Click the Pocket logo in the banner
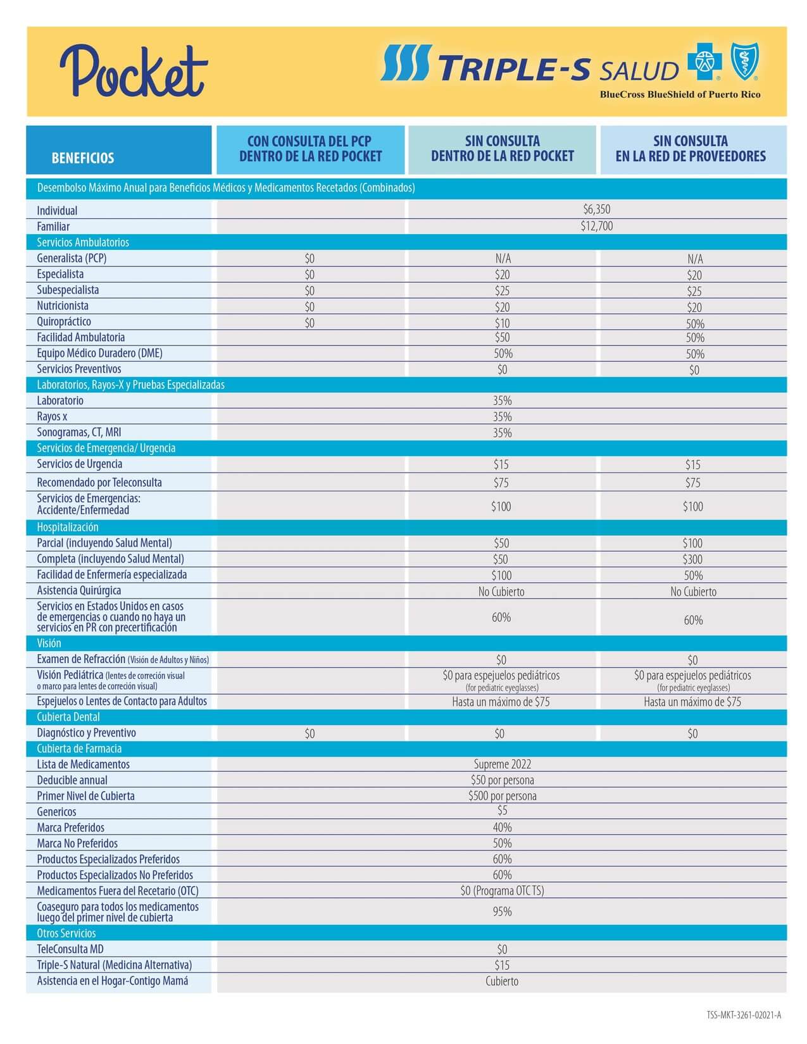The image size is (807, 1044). pos(134,71)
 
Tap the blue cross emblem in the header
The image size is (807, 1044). pos(700,63)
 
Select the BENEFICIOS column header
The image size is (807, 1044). pos(83,158)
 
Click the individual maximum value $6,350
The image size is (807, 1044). pos(596,209)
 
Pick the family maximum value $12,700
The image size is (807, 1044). pos(596,226)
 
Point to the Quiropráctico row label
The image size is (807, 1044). pos(64,321)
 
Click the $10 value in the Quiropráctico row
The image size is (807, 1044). pos(502,323)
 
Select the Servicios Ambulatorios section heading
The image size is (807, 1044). pos(83,242)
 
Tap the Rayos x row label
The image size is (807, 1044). pos(52,416)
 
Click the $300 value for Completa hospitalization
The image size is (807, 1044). pos(693,559)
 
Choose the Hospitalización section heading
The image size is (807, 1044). pos(68,527)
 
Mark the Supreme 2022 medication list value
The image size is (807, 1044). pos(502,764)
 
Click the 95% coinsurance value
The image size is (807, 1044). pos(502,912)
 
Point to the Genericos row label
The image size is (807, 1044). pos(56,812)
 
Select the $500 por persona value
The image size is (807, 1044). pos(502,796)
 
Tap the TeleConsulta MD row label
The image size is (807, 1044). pos(70,949)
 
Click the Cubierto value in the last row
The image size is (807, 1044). pos(502,981)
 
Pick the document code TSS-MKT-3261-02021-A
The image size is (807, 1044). pos(744,1016)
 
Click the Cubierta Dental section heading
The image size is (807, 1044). pos(68,717)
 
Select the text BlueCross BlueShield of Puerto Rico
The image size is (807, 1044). pos(680,94)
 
